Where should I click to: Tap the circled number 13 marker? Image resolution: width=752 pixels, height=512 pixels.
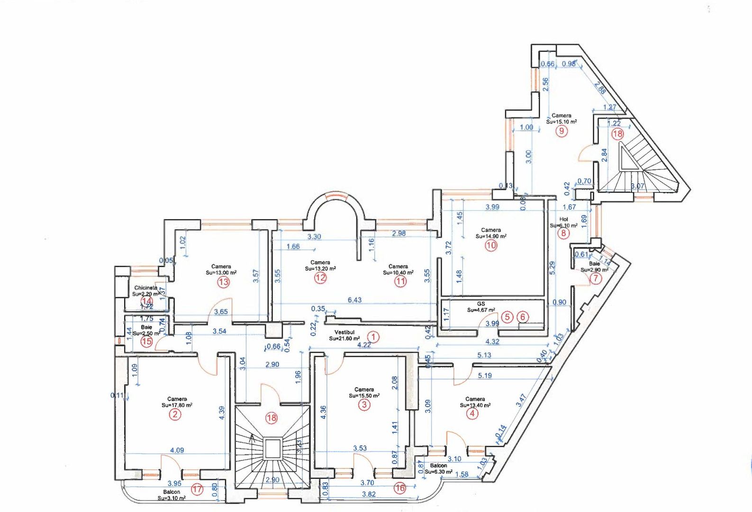pyautogui.click(x=223, y=282)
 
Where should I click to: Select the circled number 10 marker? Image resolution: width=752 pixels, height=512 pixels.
pyautogui.click(x=491, y=245)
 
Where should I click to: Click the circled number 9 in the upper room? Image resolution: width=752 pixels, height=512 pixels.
pyautogui.click(x=561, y=131)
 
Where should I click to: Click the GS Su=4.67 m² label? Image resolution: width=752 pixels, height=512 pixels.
pyautogui.click(x=481, y=307)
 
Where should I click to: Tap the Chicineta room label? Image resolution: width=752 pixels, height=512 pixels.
pyautogui.click(x=145, y=288)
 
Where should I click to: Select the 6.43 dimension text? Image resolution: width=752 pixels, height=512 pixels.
pyautogui.click(x=354, y=300)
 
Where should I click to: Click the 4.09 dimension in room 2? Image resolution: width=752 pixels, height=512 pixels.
pyautogui.click(x=177, y=450)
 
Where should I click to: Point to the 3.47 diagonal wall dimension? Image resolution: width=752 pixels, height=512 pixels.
pyautogui.click(x=521, y=401)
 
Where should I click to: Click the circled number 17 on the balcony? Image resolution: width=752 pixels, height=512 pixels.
pyautogui.click(x=197, y=489)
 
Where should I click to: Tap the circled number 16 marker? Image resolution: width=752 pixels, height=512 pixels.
pyautogui.click(x=400, y=488)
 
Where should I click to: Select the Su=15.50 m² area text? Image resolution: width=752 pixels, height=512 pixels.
pyautogui.click(x=364, y=395)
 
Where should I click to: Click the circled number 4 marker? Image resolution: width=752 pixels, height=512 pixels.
pyautogui.click(x=472, y=413)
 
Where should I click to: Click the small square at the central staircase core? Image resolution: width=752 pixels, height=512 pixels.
pyautogui.click(x=272, y=448)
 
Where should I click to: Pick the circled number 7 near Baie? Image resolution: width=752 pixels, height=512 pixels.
pyautogui.click(x=595, y=278)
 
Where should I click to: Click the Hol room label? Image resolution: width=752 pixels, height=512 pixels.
pyautogui.click(x=563, y=219)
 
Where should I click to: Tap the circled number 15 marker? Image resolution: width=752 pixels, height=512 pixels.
pyautogui.click(x=146, y=341)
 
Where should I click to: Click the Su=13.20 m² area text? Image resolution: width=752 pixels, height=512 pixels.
pyautogui.click(x=320, y=268)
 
